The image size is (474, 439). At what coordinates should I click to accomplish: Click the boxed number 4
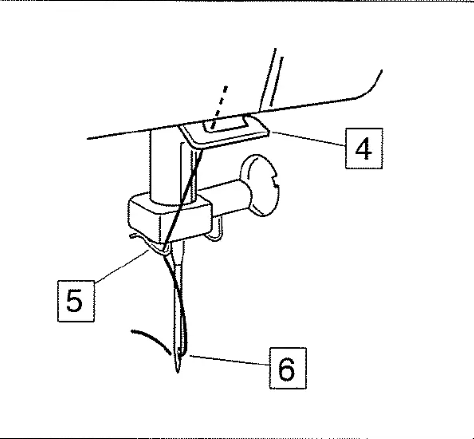(364, 148)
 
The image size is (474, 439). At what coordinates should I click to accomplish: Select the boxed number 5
(76, 301)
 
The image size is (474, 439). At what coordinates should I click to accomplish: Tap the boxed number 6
(287, 368)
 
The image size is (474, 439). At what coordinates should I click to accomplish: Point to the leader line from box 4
(308, 139)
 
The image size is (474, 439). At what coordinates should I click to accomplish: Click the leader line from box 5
(122, 266)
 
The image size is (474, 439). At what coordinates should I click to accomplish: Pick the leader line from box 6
(229, 361)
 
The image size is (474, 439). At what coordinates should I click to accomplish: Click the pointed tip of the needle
(178, 371)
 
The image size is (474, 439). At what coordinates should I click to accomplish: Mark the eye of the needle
(180, 350)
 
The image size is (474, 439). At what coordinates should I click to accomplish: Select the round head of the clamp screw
(262, 185)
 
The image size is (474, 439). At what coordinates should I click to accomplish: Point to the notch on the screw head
(275, 182)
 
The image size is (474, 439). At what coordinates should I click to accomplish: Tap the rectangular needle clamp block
(170, 217)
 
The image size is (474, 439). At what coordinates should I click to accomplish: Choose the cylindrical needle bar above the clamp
(166, 166)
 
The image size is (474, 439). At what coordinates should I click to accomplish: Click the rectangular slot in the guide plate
(225, 126)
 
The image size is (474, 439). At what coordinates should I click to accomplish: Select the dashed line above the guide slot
(219, 107)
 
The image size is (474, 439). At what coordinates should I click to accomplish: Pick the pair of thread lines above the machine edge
(271, 79)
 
